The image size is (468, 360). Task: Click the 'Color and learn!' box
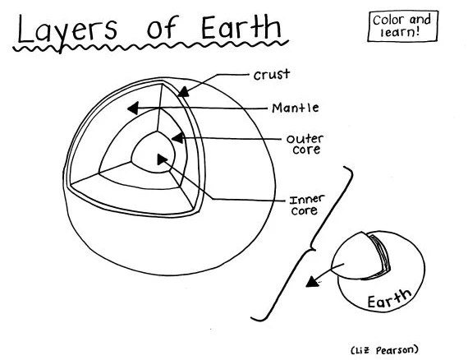point(400,25)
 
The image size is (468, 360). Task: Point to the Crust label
point(271,75)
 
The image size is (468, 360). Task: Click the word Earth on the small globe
point(386,298)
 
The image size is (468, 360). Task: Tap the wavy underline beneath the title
point(148,51)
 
